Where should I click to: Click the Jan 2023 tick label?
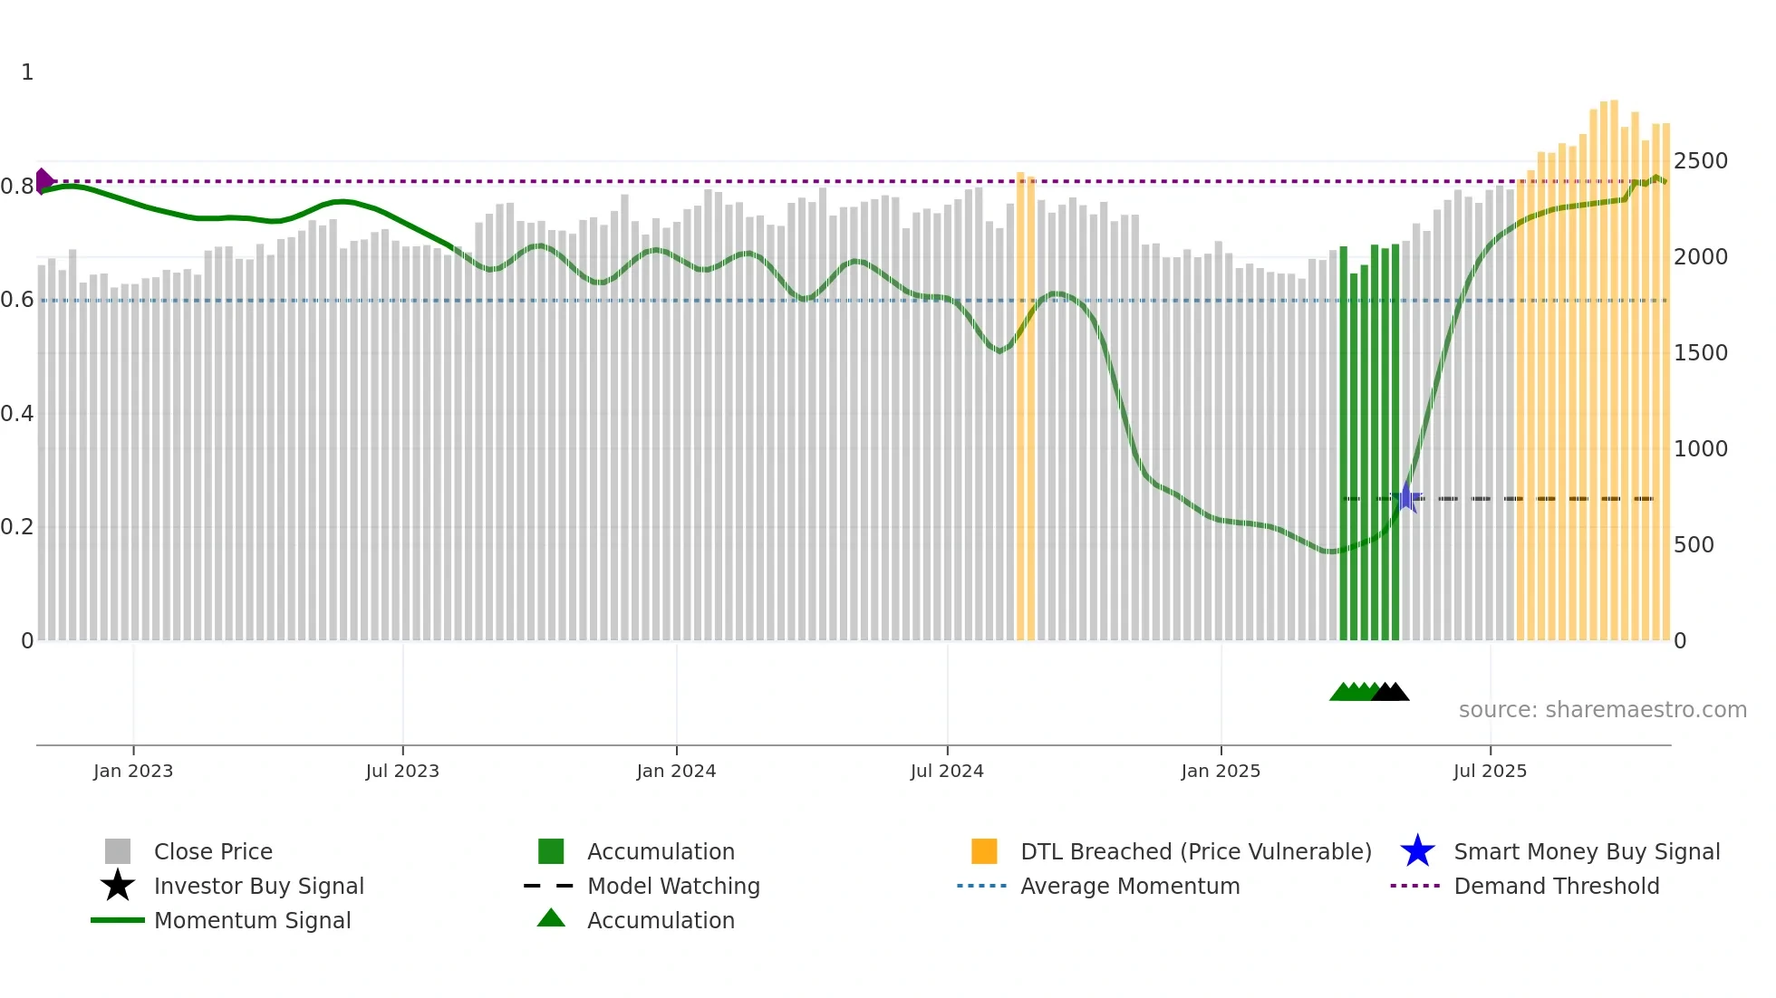pos(133,771)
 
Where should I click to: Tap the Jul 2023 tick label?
pos(402,771)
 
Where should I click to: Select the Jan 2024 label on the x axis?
pos(676,771)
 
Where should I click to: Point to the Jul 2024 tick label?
pos(947,771)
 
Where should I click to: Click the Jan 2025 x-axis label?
pos(1221,771)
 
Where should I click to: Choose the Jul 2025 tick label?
pos(1490,771)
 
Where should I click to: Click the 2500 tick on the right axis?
pos(1701,161)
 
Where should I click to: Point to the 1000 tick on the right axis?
pos(1701,449)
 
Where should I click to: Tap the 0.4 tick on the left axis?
pos(17,414)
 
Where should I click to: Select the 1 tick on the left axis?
pos(27,72)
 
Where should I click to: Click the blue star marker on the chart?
pos(1407,497)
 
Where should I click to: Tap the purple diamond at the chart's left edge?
pos(43,181)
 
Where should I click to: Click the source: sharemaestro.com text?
pos(1602,710)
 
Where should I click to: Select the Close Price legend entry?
pos(213,851)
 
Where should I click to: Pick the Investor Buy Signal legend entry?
pos(258,886)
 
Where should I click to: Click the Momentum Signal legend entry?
pos(252,920)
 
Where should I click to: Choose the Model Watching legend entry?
pos(673,886)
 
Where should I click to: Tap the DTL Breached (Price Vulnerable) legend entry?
pos(1195,851)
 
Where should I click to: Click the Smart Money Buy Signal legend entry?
pos(1587,851)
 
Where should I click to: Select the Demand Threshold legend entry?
pos(1556,886)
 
